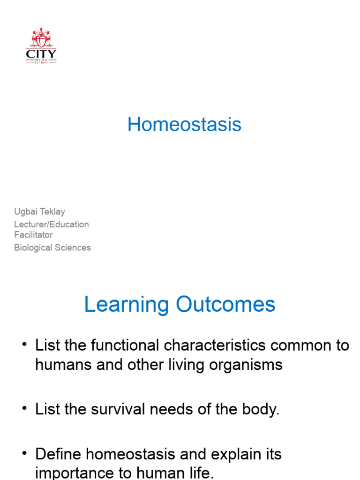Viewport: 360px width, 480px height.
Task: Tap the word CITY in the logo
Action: [x=41, y=53]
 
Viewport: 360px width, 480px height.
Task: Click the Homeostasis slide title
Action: [x=184, y=125]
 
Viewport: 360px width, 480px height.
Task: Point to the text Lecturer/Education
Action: [x=52, y=224]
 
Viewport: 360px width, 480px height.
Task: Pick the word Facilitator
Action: [x=33, y=235]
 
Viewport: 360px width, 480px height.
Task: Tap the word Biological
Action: [x=34, y=247]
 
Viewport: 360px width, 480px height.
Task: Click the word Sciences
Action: [x=73, y=247]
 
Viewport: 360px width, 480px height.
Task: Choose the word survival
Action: [x=118, y=410]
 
